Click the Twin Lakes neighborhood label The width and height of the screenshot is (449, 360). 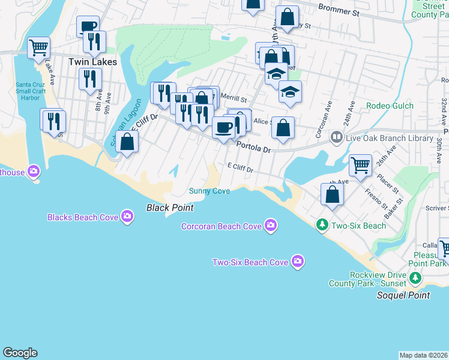click(92, 62)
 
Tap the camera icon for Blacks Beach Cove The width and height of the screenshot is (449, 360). click(127, 217)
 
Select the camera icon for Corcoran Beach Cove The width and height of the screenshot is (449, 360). click(271, 226)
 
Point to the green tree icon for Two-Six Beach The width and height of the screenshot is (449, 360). click(322, 225)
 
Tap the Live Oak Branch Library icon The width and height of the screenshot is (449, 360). click(337, 138)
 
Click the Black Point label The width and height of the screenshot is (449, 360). click(170, 208)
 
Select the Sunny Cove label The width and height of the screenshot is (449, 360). click(209, 191)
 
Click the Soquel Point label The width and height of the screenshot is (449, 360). click(403, 295)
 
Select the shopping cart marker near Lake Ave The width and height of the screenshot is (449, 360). click(38, 47)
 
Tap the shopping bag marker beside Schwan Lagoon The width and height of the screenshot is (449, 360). click(127, 142)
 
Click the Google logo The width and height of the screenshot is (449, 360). click(20, 353)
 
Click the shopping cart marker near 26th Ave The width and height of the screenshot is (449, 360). click(360, 164)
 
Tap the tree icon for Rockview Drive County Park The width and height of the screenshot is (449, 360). click(414, 278)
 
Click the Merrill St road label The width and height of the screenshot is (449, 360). click(234, 98)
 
